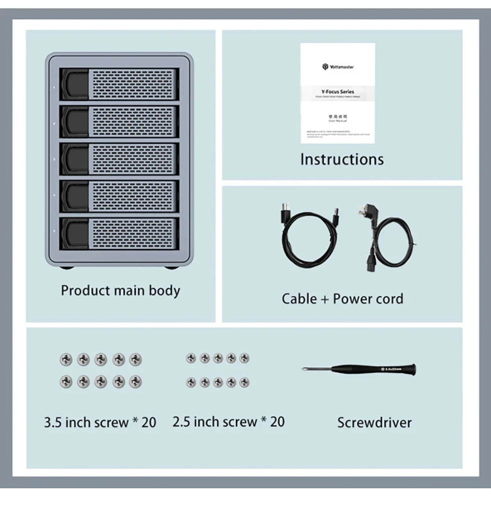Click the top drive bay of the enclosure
(x=119, y=84)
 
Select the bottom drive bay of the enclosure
(x=119, y=233)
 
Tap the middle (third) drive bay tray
(x=119, y=159)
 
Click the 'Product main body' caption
(x=120, y=291)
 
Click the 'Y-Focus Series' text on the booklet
(x=338, y=92)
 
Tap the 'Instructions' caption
(x=342, y=159)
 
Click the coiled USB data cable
(x=306, y=238)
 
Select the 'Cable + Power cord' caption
(x=342, y=299)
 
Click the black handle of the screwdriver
(x=391, y=370)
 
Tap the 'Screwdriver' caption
(x=374, y=422)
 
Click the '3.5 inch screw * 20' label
(x=100, y=422)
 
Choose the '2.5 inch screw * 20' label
(x=228, y=422)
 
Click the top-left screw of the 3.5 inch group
(x=66, y=359)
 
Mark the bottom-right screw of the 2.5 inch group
(x=244, y=383)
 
